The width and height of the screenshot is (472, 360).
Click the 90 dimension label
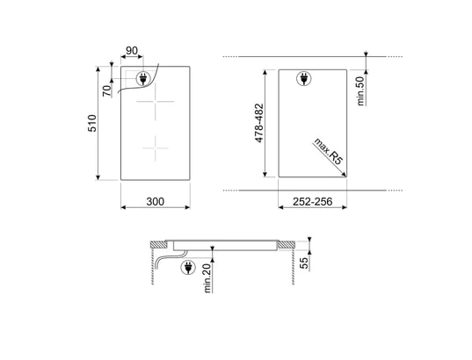132,51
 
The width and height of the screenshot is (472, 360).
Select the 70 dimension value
107,90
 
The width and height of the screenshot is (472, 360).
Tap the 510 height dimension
92,123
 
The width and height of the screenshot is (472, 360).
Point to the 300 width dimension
155,201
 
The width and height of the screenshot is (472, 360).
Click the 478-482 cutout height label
259,123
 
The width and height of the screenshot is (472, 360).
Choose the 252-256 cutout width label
312,201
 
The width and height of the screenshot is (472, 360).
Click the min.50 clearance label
360,90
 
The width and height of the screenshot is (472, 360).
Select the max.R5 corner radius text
329,151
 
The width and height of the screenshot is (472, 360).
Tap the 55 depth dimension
305,263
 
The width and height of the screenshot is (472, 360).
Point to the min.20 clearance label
207,278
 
